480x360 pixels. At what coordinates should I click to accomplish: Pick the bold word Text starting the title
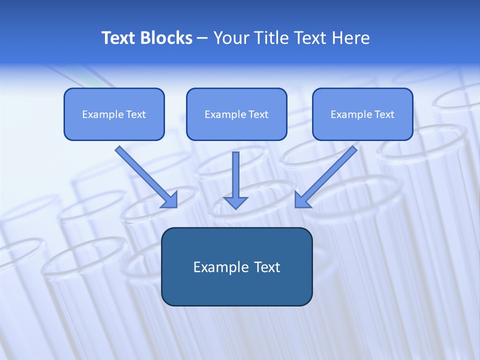[120, 38]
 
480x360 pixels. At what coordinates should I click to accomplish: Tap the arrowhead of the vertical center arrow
[236, 202]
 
